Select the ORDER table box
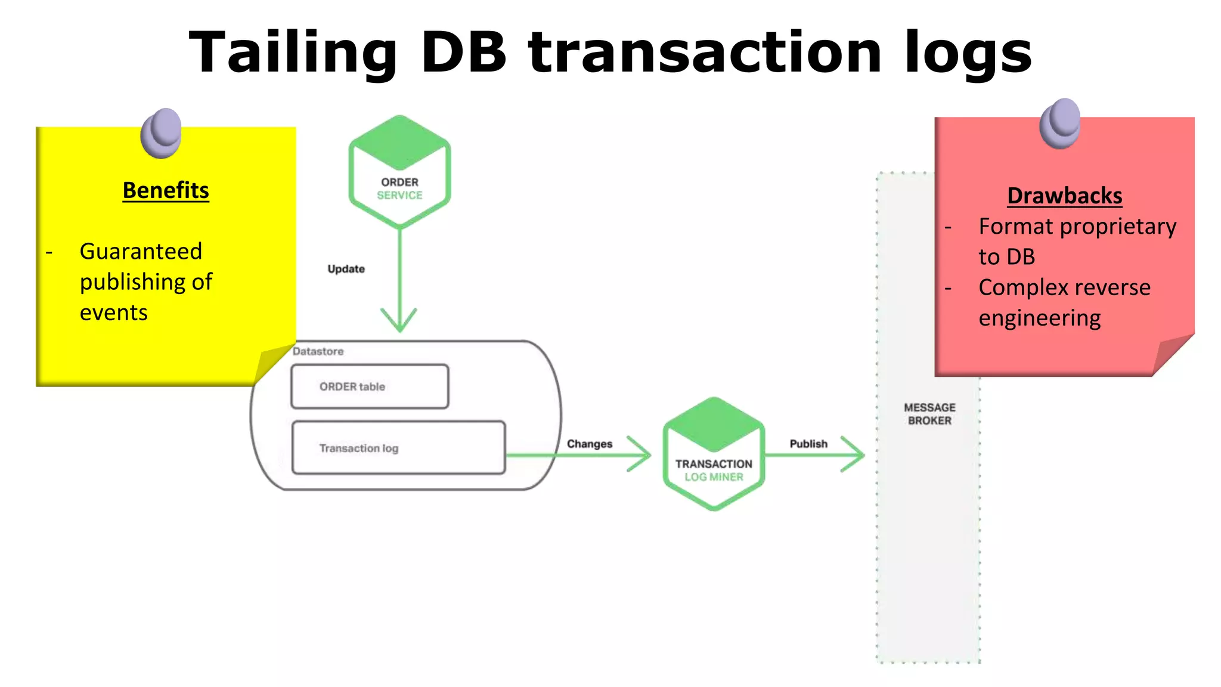(x=370, y=386)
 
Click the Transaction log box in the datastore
(x=398, y=448)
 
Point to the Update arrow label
(x=346, y=269)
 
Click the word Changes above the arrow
(x=589, y=444)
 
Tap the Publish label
(x=808, y=444)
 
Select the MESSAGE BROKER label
(x=929, y=414)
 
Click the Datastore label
(x=318, y=351)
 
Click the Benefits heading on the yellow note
(x=166, y=190)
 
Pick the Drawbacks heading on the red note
(x=1064, y=196)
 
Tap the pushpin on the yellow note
(x=161, y=132)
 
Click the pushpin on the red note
(x=1059, y=123)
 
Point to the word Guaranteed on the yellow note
(x=141, y=251)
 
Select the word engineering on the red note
(x=1039, y=318)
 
